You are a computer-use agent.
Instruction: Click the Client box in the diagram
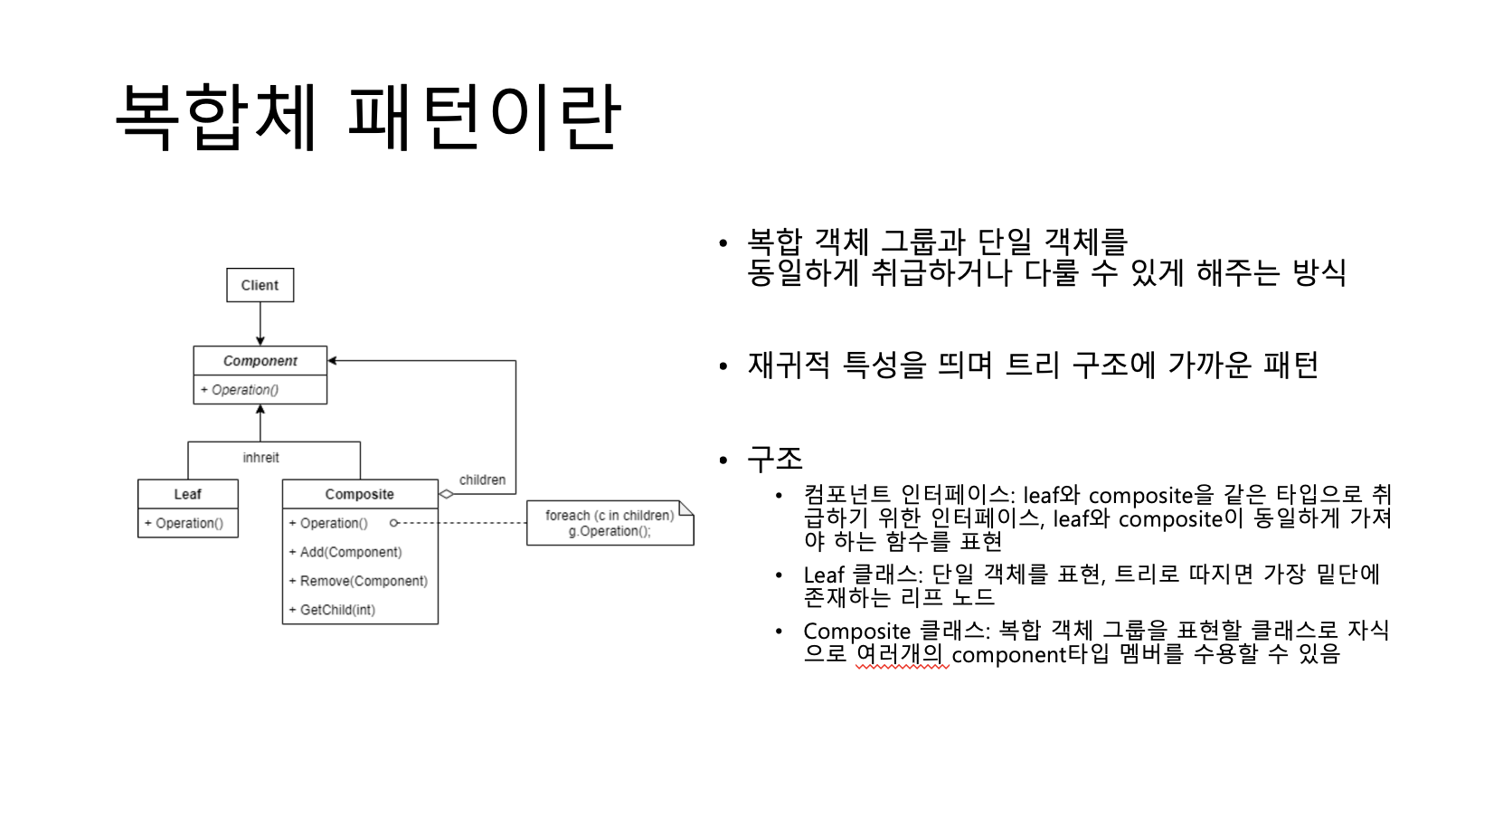(x=260, y=285)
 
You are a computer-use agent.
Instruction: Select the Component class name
(x=260, y=361)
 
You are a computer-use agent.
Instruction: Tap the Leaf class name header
(x=187, y=494)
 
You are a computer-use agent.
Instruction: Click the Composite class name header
(x=359, y=494)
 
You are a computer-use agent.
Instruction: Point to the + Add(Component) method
(x=345, y=552)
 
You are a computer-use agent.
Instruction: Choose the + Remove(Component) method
(x=358, y=581)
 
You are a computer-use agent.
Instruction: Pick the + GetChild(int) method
(x=332, y=610)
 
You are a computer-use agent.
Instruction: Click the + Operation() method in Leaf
(x=184, y=523)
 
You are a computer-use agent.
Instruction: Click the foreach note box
(x=610, y=523)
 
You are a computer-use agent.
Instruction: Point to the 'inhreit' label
(x=260, y=458)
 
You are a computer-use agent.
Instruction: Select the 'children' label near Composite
(x=482, y=480)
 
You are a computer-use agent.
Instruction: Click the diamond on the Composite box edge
(x=447, y=494)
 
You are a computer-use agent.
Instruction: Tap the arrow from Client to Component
(x=260, y=324)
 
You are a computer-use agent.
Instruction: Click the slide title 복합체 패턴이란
(x=368, y=118)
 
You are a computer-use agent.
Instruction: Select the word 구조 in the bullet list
(x=775, y=459)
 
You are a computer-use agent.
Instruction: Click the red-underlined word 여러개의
(x=900, y=654)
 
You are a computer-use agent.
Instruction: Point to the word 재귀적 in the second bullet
(x=789, y=365)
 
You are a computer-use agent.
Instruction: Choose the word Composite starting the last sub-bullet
(x=856, y=631)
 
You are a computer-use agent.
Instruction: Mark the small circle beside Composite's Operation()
(x=393, y=523)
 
